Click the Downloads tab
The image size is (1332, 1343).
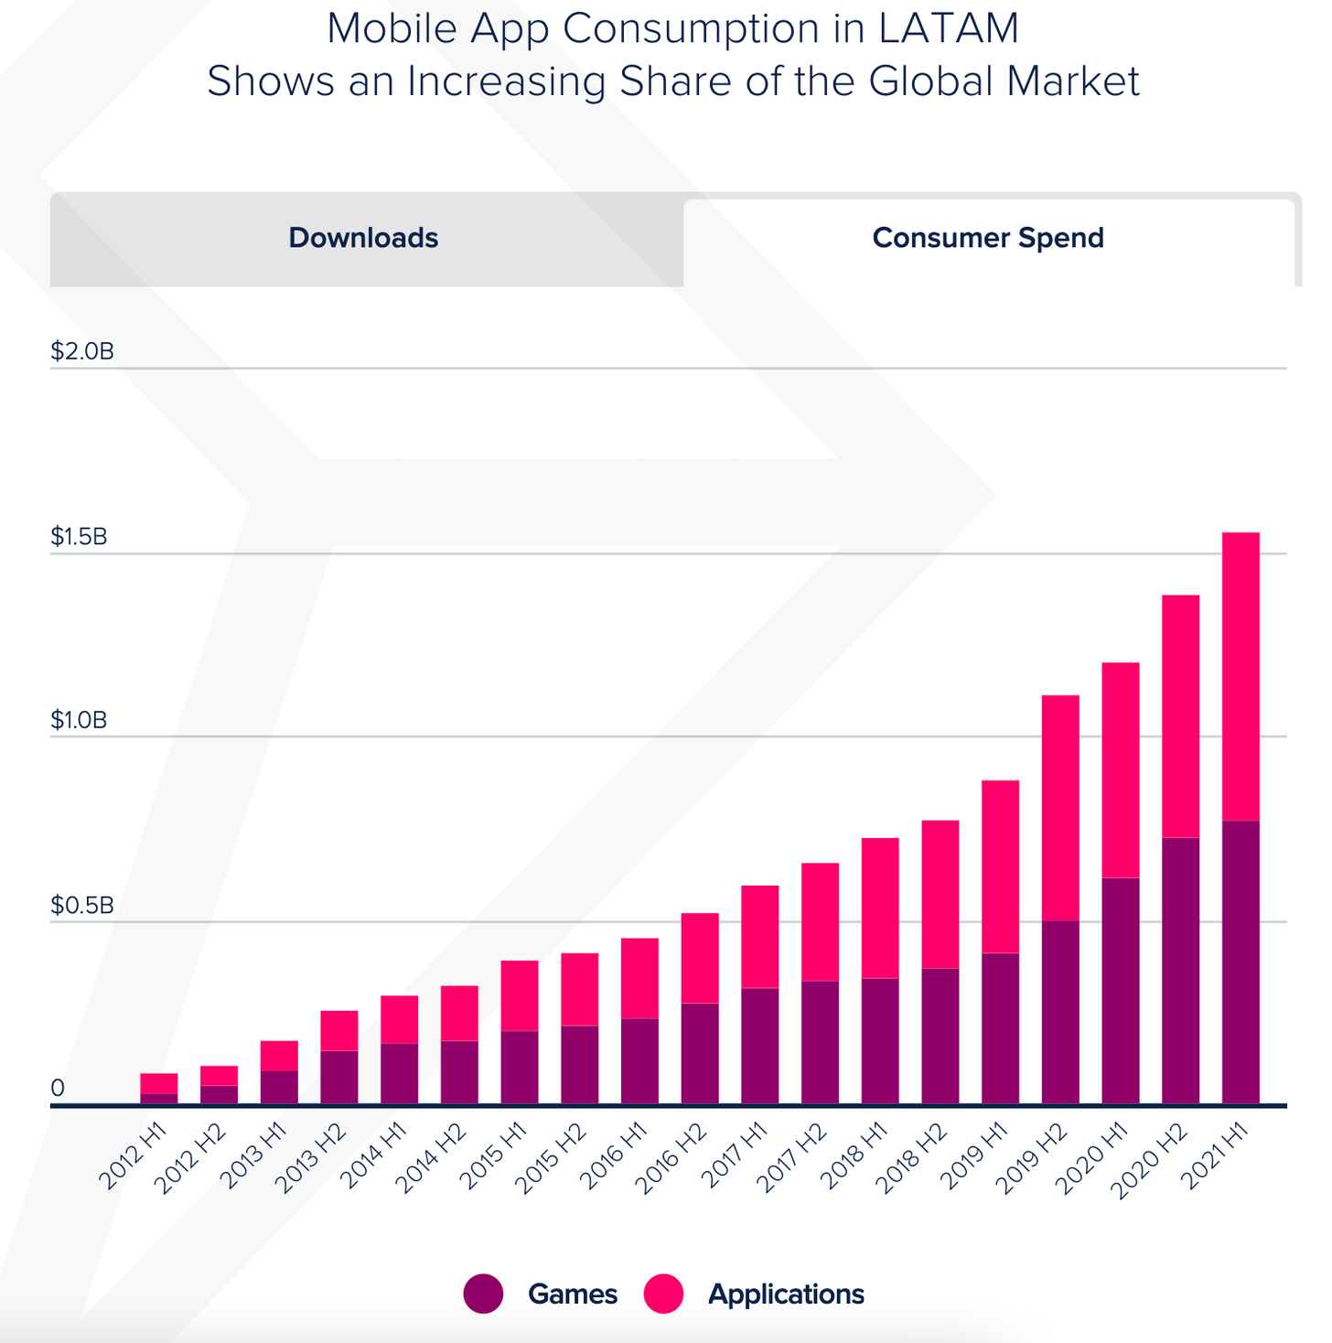[x=363, y=238]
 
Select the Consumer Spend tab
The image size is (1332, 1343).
[x=988, y=238]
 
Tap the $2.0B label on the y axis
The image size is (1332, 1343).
[x=82, y=351]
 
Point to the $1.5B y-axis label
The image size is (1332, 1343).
[x=79, y=536]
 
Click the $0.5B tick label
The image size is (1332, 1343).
[x=82, y=906]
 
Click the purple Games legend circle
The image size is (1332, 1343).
[x=483, y=1294]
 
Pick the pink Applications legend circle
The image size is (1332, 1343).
[x=663, y=1294]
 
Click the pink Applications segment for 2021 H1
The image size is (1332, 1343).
[x=1241, y=677]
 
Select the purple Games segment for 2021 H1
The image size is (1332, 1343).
[x=1241, y=961]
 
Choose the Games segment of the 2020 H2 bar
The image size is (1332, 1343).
[x=1180, y=970]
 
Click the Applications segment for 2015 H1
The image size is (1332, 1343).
[x=520, y=995]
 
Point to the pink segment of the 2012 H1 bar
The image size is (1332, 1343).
[x=159, y=1083]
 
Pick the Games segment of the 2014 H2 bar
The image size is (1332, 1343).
[x=459, y=1072]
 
